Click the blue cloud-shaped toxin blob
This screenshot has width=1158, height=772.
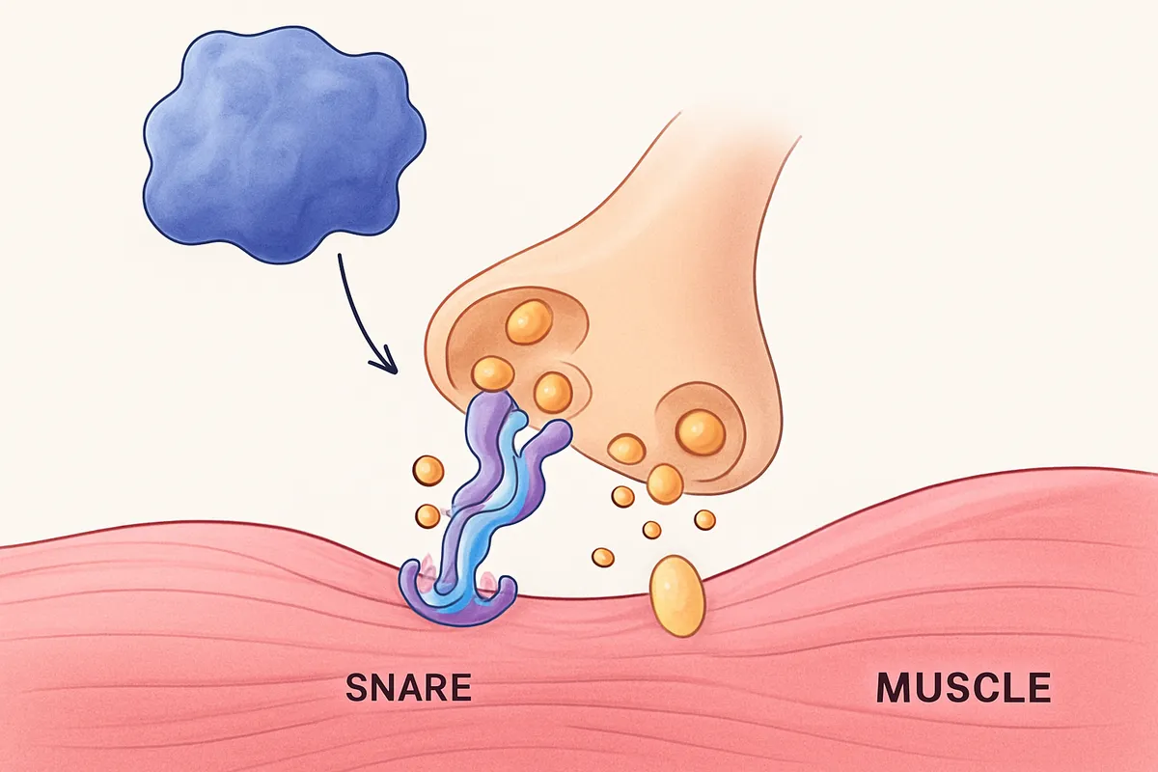285,145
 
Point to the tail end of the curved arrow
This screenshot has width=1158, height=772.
339,255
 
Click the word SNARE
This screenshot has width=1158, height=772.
408,687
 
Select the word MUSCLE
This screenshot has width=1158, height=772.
964,687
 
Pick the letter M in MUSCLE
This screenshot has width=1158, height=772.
893,687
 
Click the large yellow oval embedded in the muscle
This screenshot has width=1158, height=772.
677,595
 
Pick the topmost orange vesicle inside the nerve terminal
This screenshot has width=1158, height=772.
529,322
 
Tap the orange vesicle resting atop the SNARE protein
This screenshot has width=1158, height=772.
493,372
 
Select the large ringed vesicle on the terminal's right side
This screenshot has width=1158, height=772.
701,432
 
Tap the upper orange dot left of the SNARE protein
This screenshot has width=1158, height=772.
428,471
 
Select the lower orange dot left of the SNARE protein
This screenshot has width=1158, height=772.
427,515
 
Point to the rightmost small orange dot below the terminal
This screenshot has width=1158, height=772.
704,520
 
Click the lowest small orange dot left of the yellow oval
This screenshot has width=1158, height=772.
603,558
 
